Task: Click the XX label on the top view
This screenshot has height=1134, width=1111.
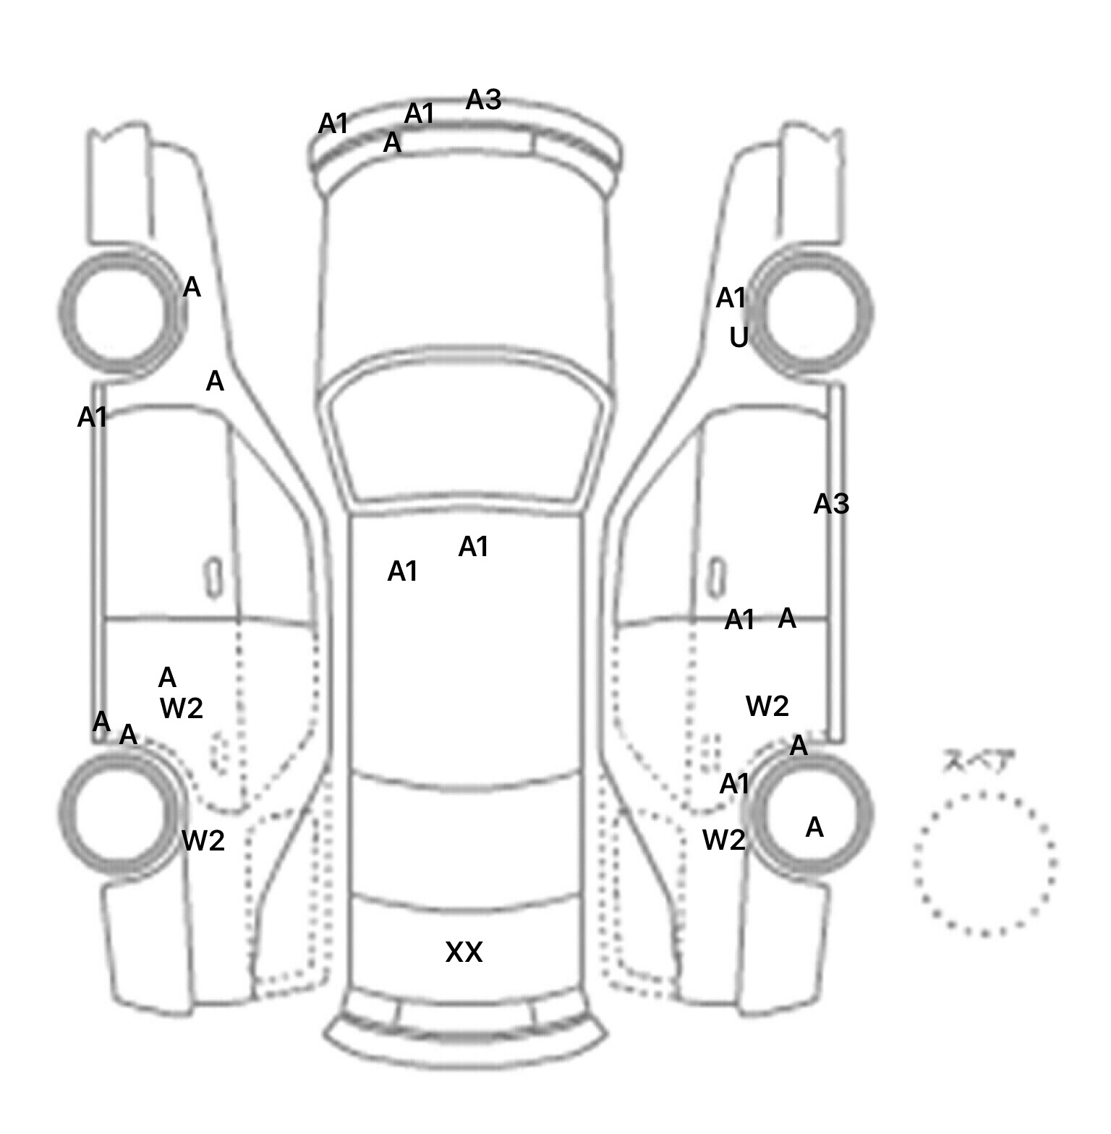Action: [x=464, y=952]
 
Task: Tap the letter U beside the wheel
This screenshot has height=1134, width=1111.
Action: [x=738, y=337]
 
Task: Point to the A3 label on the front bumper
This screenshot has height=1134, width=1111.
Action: [x=483, y=100]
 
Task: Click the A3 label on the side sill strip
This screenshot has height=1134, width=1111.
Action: [x=831, y=504]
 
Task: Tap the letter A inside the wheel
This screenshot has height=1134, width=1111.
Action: [x=814, y=827]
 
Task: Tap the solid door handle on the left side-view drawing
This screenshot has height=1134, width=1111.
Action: [x=213, y=576]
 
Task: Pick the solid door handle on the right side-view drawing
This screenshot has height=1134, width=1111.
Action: [x=716, y=576]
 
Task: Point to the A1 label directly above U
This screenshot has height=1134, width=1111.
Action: [x=731, y=298]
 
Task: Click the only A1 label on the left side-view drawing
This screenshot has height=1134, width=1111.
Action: [x=93, y=417]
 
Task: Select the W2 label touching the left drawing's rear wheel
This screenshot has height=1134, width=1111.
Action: [x=203, y=840]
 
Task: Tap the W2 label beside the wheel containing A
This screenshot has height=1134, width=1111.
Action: [x=724, y=840]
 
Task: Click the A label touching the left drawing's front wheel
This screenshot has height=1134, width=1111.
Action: [x=192, y=288]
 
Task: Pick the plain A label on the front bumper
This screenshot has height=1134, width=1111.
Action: [x=392, y=143]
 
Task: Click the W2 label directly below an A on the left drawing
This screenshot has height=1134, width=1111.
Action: [x=182, y=708]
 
